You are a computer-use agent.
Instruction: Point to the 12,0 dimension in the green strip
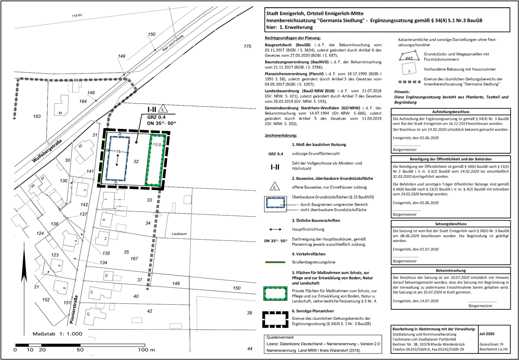click(x=156, y=145)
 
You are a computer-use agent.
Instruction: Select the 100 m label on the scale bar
click(x=146, y=349)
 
